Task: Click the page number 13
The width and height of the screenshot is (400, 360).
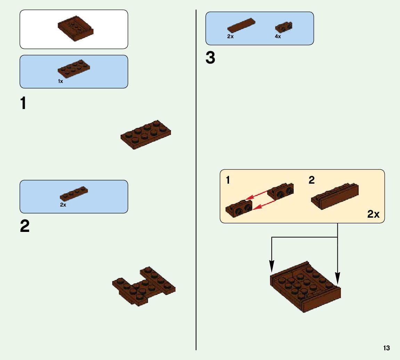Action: [x=386, y=348]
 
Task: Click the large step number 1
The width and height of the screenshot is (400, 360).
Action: [x=23, y=103]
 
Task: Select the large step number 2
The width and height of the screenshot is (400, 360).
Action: [x=25, y=226]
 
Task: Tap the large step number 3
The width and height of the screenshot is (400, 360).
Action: [x=210, y=58]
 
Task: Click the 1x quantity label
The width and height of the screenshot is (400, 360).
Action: [x=60, y=81]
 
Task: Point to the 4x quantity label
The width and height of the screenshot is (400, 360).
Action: [x=278, y=36]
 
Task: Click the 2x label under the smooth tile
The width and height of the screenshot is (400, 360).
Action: [x=230, y=36]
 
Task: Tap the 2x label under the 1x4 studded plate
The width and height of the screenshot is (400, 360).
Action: [x=63, y=205]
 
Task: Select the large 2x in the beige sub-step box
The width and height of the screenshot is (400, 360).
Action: [x=373, y=214]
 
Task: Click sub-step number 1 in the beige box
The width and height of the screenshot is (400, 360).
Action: [x=228, y=180]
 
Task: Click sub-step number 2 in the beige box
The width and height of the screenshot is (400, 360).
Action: [x=311, y=180]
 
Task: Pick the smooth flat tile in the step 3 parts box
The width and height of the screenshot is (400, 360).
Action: [x=241, y=26]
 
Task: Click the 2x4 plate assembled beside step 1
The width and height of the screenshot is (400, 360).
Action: [x=146, y=135]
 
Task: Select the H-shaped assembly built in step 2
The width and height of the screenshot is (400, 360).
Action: [x=144, y=286]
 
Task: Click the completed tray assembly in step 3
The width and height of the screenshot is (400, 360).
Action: [x=305, y=287]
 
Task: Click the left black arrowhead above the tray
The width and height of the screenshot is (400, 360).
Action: [x=272, y=268]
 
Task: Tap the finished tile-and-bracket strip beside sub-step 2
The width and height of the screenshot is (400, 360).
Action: [x=334, y=196]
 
